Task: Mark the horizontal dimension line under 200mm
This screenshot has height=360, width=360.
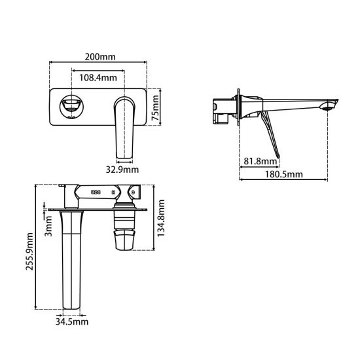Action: click(x=98, y=64)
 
